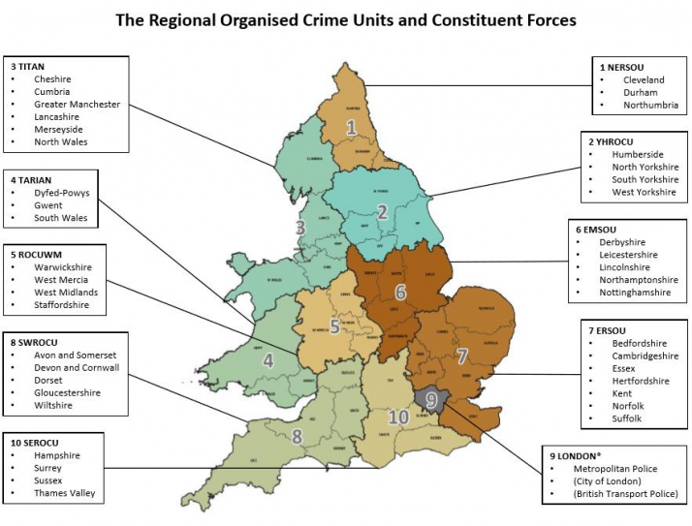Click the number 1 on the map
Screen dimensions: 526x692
pos(351,127)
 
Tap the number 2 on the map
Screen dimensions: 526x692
pos(382,212)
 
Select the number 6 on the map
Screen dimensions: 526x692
pos(400,291)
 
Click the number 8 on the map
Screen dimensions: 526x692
pos(298,436)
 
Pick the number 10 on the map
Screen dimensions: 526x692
pos(397,418)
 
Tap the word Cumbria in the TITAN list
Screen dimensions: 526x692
pos(51,92)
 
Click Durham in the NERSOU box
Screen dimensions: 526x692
pos(641,92)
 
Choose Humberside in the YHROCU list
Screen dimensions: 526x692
pos(638,154)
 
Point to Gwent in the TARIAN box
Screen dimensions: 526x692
pos(47,205)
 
